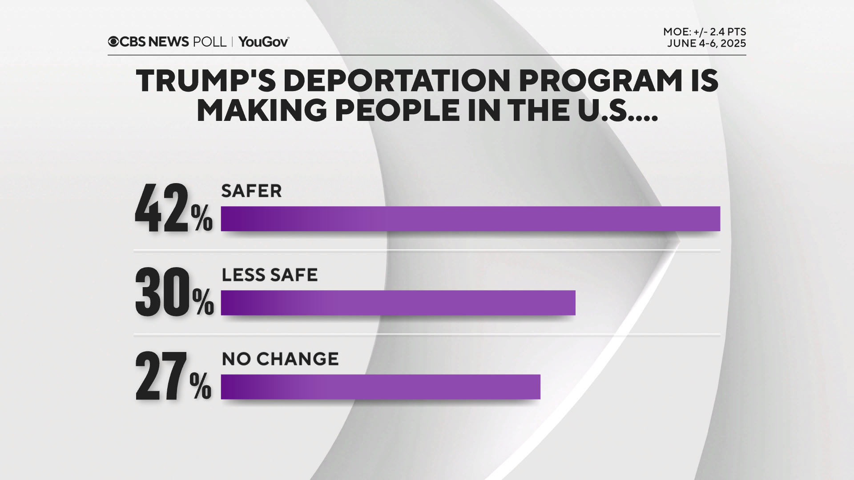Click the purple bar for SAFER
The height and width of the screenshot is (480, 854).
[470, 219]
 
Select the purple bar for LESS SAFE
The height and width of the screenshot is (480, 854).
[398, 303]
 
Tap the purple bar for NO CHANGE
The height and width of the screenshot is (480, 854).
[380, 387]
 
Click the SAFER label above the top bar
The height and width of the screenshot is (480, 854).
[251, 191]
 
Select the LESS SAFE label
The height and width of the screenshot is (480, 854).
[270, 275]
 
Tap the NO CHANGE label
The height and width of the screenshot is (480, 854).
[280, 359]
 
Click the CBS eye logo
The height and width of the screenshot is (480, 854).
[113, 42]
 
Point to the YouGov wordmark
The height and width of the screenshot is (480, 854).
[263, 42]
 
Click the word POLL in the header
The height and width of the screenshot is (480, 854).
[209, 42]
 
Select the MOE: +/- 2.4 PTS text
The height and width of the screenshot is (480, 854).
[705, 32]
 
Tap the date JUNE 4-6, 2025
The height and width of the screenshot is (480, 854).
[706, 44]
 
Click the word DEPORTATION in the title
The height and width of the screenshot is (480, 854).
[396, 81]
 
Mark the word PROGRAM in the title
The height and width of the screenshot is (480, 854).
[600, 81]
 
